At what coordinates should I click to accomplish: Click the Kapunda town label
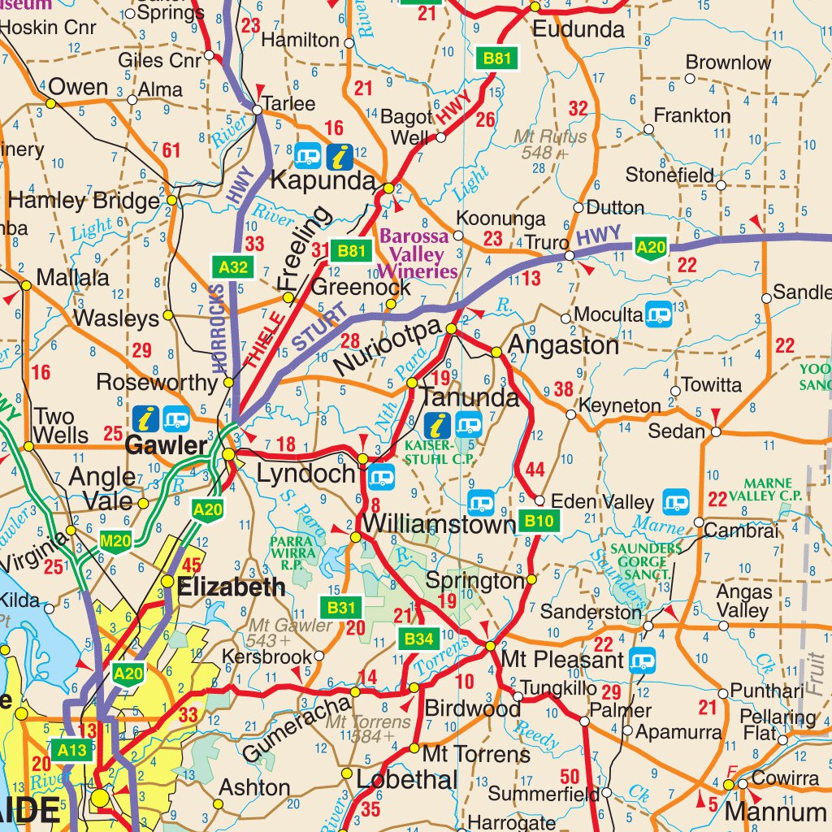pyautogui.click(x=322, y=180)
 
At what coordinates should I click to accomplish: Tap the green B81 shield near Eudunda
pyautogui.click(x=496, y=58)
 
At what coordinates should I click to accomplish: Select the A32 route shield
pyautogui.click(x=233, y=266)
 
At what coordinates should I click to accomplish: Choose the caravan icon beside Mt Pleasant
pyautogui.click(x=643, y=659)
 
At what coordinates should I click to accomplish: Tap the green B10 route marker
pyautogui.click(x=539, y=522)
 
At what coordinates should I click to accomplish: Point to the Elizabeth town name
pyautogui.click(x=232, y=587)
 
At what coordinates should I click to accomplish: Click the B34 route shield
pyautogui.click(x=418, y=639)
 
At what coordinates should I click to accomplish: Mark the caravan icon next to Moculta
pyautogui.click(x=658, y=314)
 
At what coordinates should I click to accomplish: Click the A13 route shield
pyautogui.click(x=71, y=749)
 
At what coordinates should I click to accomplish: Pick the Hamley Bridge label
pyautogui.click(x=84, y=201)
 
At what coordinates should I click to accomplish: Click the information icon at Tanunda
pyautogui.click(x=439, y=424)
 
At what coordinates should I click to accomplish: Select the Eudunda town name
pyautogui.click(x=578, y=31)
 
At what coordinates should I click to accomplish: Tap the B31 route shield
pyautogui.click(x=342, y=607)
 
